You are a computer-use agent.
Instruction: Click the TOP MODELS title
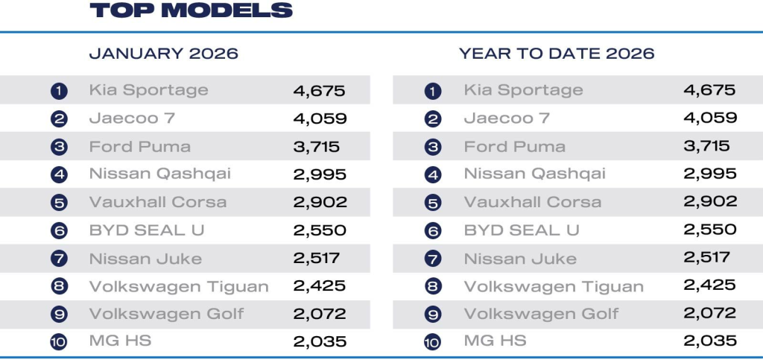pos(191,10)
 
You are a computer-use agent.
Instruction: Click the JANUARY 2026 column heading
pos(164,54)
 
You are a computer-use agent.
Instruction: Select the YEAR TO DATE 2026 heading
pos(557,54)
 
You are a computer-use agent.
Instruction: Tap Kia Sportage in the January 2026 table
pos(148,90)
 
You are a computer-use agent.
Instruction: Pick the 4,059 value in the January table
pos(320,118)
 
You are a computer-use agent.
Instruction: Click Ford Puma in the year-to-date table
pos(514,146)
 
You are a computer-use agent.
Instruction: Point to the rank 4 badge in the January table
pos(60,174)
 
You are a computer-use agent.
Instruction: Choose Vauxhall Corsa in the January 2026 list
pos(157,202)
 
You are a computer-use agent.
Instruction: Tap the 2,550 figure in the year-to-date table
pos(709,230)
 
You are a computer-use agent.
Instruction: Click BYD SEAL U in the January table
pos(146,230)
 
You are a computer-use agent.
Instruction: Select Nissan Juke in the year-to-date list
pos(520,259)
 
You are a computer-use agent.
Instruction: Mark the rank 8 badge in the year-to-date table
pos(433,287)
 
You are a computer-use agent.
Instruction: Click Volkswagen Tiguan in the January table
pos(179,286)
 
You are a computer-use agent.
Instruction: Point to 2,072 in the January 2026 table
pos(320,314)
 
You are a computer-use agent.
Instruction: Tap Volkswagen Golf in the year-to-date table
pos(541,314)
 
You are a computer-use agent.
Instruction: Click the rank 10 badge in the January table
pos(60,342)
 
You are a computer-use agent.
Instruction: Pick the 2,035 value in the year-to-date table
pos(709,341)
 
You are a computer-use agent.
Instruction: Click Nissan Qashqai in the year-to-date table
pos(534,174)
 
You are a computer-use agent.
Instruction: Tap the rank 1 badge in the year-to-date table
pos(433,91)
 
